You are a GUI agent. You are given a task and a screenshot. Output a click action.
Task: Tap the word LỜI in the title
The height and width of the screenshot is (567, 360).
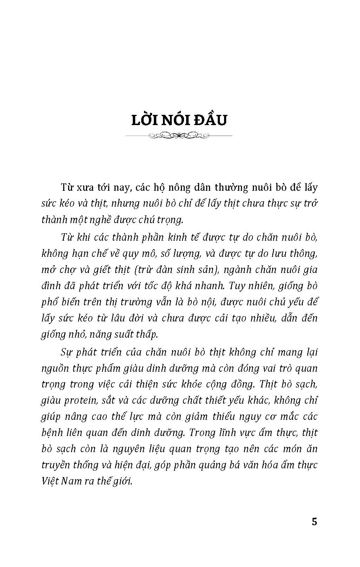tap(144, 120)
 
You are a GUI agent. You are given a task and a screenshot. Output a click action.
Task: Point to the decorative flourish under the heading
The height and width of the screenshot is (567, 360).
tap(179, 135)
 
